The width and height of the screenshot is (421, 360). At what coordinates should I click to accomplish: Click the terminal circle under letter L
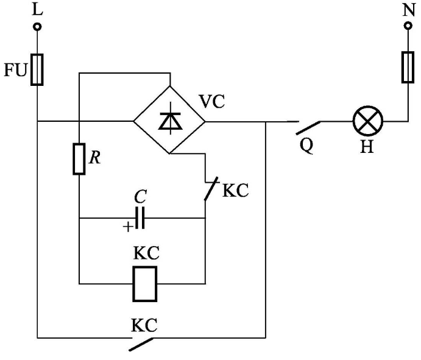(37, 27)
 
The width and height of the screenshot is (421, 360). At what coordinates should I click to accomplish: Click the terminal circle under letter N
(408, 27)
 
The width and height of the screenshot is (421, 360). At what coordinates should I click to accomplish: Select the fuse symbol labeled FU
(37, 69)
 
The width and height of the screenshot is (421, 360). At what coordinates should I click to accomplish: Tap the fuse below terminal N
(408, 66)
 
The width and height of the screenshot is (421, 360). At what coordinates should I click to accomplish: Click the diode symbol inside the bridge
(169, 121)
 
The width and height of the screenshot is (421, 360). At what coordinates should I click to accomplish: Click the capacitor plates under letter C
(141, 218)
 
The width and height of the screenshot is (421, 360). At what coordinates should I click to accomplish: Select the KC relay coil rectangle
(146, 283)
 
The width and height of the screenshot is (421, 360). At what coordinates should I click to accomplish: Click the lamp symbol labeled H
(368, 122)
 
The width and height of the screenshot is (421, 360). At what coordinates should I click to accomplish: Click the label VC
(213, 102)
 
